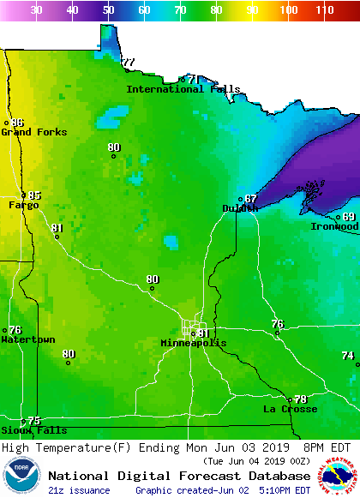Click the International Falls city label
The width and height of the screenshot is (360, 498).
tap(183, 89)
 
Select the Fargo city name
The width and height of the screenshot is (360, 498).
tap(23, 205)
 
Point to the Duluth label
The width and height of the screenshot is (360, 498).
tap(240, 208)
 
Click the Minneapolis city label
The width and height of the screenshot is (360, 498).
tap(194, 343)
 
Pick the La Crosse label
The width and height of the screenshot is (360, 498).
tap(290, 409)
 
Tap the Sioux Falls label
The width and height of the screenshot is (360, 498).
tap(33, 429)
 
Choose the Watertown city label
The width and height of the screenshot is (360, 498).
tap(27, 339)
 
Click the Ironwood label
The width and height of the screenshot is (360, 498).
tap(334, 226)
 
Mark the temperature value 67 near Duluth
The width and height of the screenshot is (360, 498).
tap(250, 199)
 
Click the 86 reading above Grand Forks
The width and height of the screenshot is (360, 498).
tap(17, 123)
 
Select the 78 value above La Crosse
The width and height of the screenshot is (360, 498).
tap(300, 399)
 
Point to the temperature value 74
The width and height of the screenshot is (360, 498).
tap(347, 355)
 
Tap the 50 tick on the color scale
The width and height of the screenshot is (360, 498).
tap(108, 10)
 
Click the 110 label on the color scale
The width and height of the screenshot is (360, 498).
tap(323, 10)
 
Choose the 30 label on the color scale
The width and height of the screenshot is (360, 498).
tap(36, 10)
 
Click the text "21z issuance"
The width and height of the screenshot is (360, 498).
tap(79, 490)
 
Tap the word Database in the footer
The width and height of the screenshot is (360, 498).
tap(275, 476)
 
